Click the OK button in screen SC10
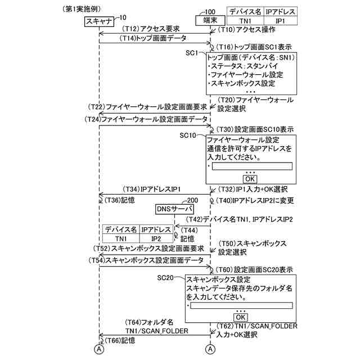click(x=250, y=178)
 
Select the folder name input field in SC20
click(x=242, y=306)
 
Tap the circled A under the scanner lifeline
click(x=99, y=349)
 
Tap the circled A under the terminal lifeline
click(x=210, y=349)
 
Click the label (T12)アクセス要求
click(x=151, y=28)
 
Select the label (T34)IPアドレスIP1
click(x=151, y=188)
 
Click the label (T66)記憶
click(x=118, y=341)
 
